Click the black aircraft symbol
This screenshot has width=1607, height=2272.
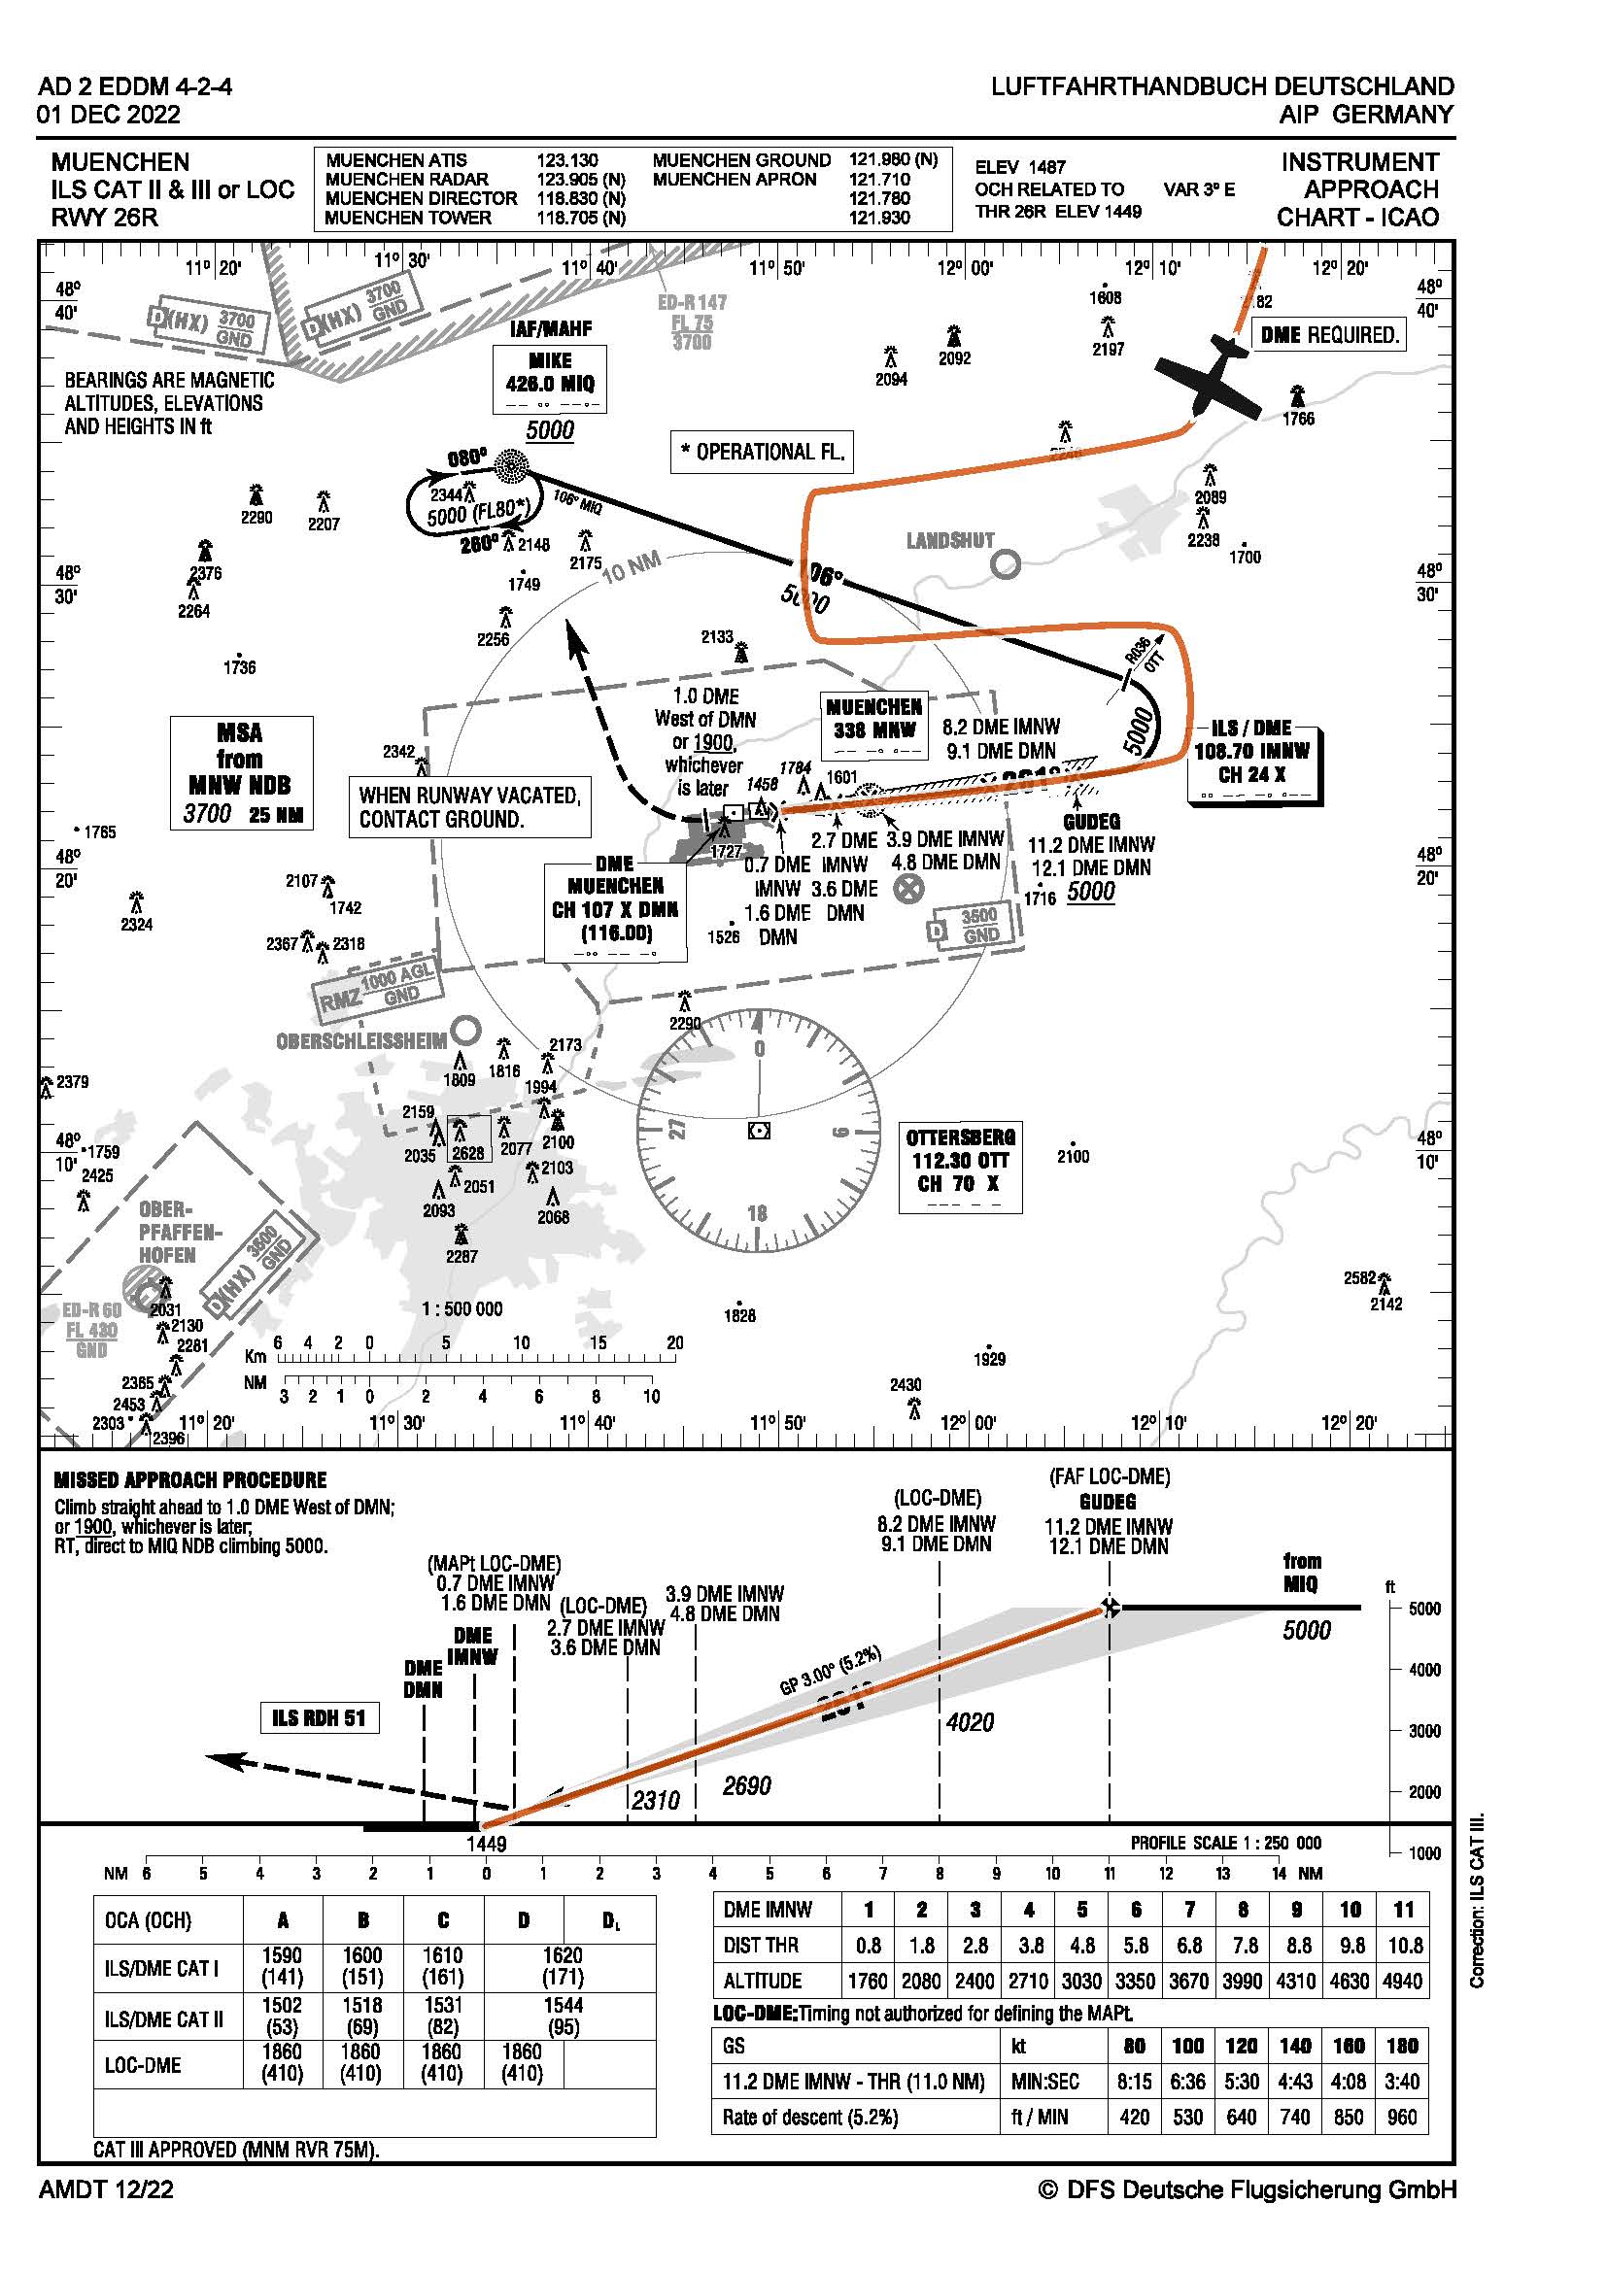click(1210, 377)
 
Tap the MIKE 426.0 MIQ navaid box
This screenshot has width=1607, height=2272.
click(549, 378)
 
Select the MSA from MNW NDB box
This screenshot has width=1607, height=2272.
click(240, 772)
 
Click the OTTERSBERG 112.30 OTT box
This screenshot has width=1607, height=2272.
click(960, 1168)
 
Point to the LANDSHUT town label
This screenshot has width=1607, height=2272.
click(950, 541)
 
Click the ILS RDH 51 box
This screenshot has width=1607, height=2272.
click(319, 1718)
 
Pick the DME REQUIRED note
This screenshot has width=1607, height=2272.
click(1329, 335)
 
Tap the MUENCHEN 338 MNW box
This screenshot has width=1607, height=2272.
click(874, 725)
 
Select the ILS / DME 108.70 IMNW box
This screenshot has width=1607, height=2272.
click(1251, 757)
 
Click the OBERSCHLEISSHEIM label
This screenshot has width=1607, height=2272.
click(361, 1041)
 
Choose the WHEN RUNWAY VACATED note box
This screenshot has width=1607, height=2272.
click(469, 807)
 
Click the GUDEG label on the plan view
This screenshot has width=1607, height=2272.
click(1091, 822)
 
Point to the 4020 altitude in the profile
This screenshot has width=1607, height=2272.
click(970, 1723)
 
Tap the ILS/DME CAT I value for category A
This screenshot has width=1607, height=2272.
click(282, 1966)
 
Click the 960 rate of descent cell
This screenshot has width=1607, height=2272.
click(1402, 2118)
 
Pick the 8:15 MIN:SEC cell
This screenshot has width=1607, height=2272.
click(1134, 2082)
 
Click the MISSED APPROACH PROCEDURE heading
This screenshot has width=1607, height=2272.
click(190, 1480)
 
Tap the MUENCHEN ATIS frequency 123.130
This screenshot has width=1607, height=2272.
click(567, 160)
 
